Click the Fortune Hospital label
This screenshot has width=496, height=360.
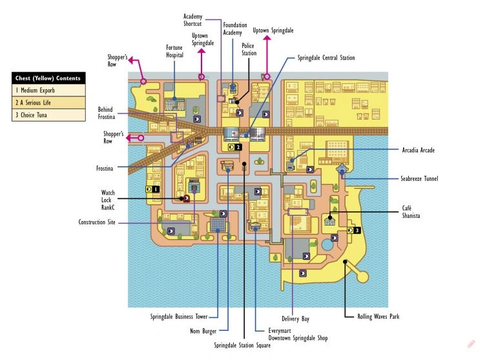coord(174,51)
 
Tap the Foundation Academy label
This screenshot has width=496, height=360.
coord(234,28)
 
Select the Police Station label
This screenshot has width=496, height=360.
coord(249,49)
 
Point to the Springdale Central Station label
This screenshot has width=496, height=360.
coord(326,58)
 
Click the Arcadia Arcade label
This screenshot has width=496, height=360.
coord(418,150)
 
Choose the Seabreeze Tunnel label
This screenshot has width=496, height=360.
coord(419,178)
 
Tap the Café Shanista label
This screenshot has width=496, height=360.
coord(411,212)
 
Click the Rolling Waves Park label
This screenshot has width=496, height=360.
coord(378,316)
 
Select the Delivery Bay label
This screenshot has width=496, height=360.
coord(295,319)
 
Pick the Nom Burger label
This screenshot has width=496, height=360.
coord(203,331)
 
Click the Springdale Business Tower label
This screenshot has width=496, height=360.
coord(179,316)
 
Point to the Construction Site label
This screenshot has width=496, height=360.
coord(97,222)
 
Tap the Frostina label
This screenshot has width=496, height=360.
coord(105,169)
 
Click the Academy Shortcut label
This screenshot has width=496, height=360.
coord(192,20)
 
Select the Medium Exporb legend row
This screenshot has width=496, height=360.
coord(48,90)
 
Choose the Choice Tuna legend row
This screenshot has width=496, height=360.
coord(48,115)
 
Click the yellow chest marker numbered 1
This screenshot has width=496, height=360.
coord(152,189)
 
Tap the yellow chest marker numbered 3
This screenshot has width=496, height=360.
coord(354,230)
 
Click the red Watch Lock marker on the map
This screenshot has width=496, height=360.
coord(186,198)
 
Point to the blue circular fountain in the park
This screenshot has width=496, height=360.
coord(327,244)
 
